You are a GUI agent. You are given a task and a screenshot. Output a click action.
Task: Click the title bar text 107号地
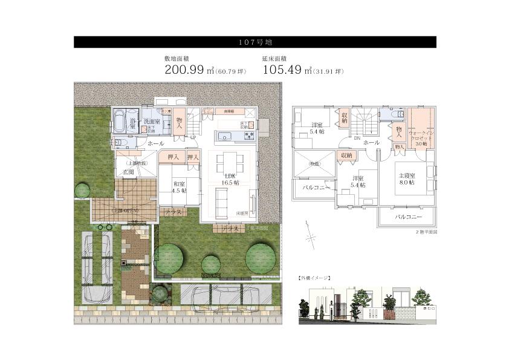pos(254,42)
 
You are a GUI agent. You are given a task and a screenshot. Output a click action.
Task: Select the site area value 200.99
pos(185,70)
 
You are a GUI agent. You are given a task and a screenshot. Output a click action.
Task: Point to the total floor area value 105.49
pos(283,70)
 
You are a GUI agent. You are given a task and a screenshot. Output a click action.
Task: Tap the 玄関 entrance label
pos(128,172)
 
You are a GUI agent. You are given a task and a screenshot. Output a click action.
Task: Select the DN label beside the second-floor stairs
pos(357,137)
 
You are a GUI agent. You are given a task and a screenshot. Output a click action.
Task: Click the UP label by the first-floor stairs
pos(193,137)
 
